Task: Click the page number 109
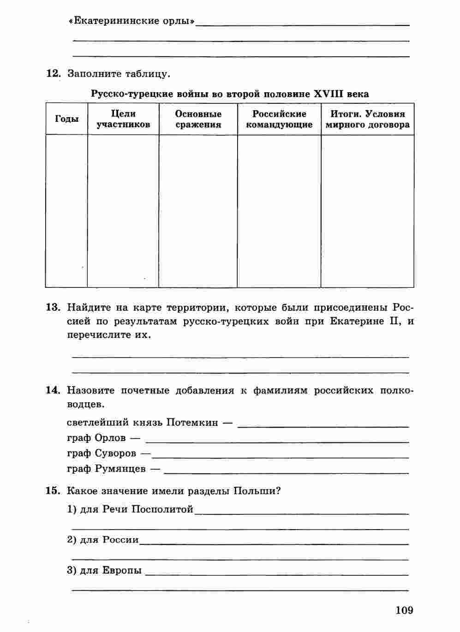click(x=404, y=610)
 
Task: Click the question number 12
click(x=53, y=73)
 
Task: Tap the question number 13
click(x=53, y=308)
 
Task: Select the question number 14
click(x=53, y=390)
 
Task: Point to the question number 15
click(x=53, y=490)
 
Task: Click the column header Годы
click(x=67, y=119)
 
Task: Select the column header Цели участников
click(x=123, y=119)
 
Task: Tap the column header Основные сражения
click(x=198, y=119)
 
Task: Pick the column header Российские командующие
click(x=279, y=119)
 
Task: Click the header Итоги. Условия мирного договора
click(x=368, y=119)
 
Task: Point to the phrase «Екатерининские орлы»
click(x=131, y=21)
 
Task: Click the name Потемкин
click(x=192, y=423)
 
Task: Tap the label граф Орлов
click(x=96, y=438)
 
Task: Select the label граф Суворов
click(x=102, y=453)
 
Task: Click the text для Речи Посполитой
click(x=137, y=509)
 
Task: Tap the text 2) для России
click(x=103, y=540)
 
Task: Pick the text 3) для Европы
click(x=104, y=570)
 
